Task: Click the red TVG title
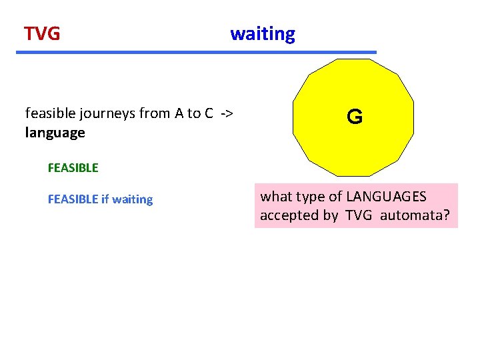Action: [x=42, y=33]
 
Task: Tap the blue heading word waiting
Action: [x=263, y=34]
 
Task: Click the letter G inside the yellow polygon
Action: [x=355, y=118]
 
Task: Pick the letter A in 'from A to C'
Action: [x=179, y=113]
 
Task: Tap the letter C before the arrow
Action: [x=209, y=113]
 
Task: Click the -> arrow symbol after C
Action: [x=227, y=113]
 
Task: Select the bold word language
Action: [x=55, y=133]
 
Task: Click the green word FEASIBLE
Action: [x=73, y=168]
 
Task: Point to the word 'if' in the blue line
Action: [x=105, y=199]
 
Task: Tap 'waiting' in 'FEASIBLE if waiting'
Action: [x=133, y=199]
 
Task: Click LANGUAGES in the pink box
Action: [x=387, y=197]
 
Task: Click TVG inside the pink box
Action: [x=359, y=216]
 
